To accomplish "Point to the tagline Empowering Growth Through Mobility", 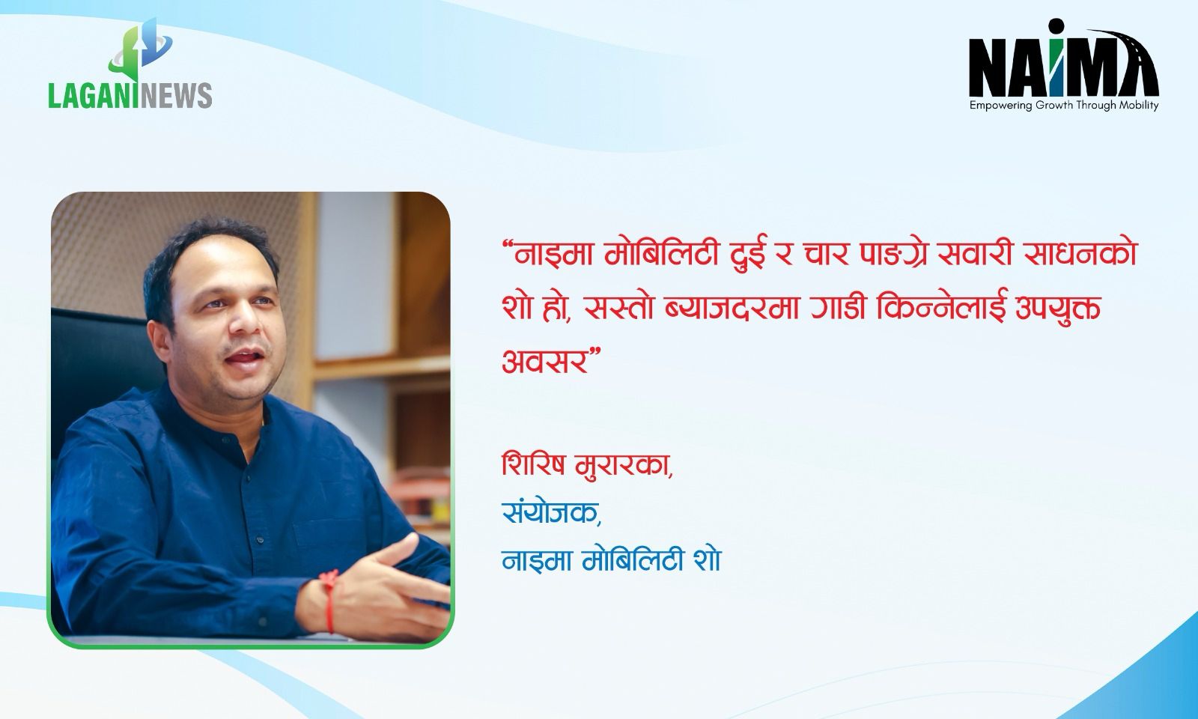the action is pos(1064,106).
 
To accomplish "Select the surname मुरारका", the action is pos(621,465).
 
